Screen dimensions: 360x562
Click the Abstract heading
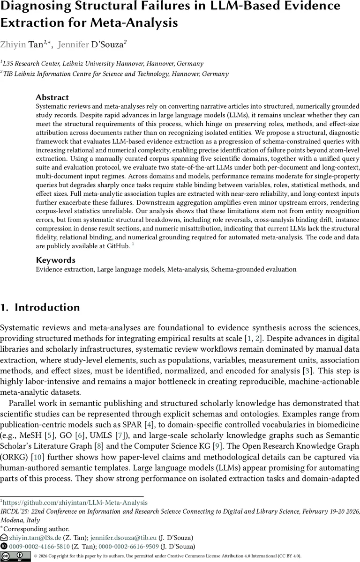click(x=52, y=97)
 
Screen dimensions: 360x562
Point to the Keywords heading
click(x=55, y=260)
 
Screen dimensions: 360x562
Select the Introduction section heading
click(x=47, y=308)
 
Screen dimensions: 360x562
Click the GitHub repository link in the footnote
click(x=75, y=503)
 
